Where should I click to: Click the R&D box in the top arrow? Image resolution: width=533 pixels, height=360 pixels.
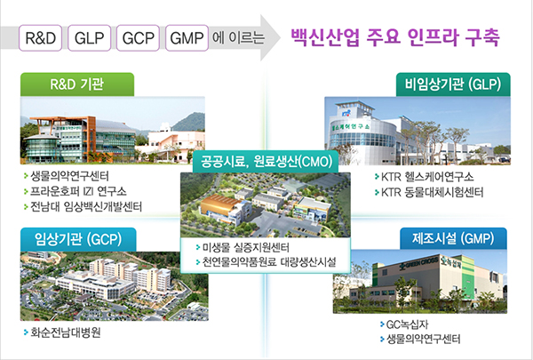click(41, 37)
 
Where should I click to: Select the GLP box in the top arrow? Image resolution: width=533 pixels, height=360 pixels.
click(89, 37)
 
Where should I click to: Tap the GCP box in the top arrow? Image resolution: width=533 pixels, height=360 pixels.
click(138, 37)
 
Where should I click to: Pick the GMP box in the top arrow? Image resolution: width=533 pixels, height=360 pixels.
click(187, 37)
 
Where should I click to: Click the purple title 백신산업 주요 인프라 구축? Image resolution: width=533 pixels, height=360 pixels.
click(395, 37)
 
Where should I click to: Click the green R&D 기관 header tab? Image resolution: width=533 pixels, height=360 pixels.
click(77, 84)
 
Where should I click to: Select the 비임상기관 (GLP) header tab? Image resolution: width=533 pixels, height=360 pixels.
click(453, 84)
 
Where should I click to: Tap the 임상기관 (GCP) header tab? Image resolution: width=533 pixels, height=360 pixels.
click(78, 239)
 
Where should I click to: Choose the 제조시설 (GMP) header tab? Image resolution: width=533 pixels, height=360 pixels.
click(453, 238)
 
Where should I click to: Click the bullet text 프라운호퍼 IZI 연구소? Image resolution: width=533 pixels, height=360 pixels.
click(78, 191)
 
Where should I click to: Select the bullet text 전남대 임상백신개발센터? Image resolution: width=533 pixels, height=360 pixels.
click(86, 206)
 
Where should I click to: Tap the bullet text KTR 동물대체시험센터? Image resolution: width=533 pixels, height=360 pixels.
click(432, 192)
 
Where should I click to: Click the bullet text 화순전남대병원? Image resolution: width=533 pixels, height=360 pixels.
click(66, 332)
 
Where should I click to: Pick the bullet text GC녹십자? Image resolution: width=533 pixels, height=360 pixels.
click(407, 324)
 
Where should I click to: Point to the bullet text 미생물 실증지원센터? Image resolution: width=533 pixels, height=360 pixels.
click(246, 247)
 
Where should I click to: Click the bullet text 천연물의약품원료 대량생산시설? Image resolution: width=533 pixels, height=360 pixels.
click(269, 262)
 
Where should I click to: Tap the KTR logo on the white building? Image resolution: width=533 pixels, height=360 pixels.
click(346, 113)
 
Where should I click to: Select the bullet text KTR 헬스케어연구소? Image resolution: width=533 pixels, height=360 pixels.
click(427, 177)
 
